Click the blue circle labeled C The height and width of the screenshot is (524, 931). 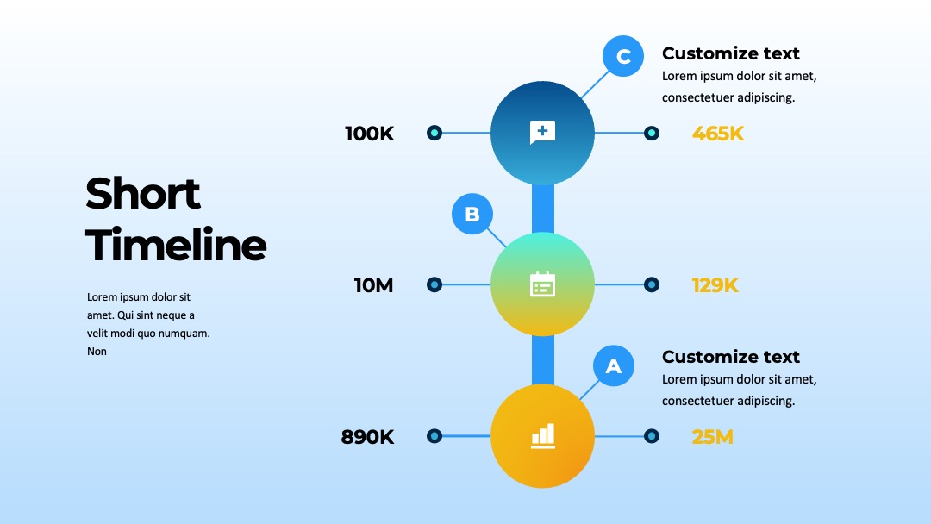623,56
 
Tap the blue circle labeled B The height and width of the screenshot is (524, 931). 472,214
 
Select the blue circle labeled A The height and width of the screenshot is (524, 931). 614,365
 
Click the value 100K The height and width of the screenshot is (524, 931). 369,134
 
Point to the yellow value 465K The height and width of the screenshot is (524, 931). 718,134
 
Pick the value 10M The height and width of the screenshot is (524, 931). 373,285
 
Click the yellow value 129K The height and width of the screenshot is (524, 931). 715,285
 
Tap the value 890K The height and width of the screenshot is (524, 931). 367,437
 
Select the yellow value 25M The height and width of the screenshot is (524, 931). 713,437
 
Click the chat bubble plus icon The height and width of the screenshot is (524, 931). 543,132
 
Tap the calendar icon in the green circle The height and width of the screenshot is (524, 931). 543,284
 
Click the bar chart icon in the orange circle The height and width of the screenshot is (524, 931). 543,435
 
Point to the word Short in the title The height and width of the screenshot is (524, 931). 143,193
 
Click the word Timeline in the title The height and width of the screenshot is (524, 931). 177,245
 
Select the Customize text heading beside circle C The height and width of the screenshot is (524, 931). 731,53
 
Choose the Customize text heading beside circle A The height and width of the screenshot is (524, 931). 731,357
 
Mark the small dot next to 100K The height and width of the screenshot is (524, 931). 434,133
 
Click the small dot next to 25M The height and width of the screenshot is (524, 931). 652,436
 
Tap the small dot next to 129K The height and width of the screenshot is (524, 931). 652,285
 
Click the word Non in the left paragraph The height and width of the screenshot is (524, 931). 97,352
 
